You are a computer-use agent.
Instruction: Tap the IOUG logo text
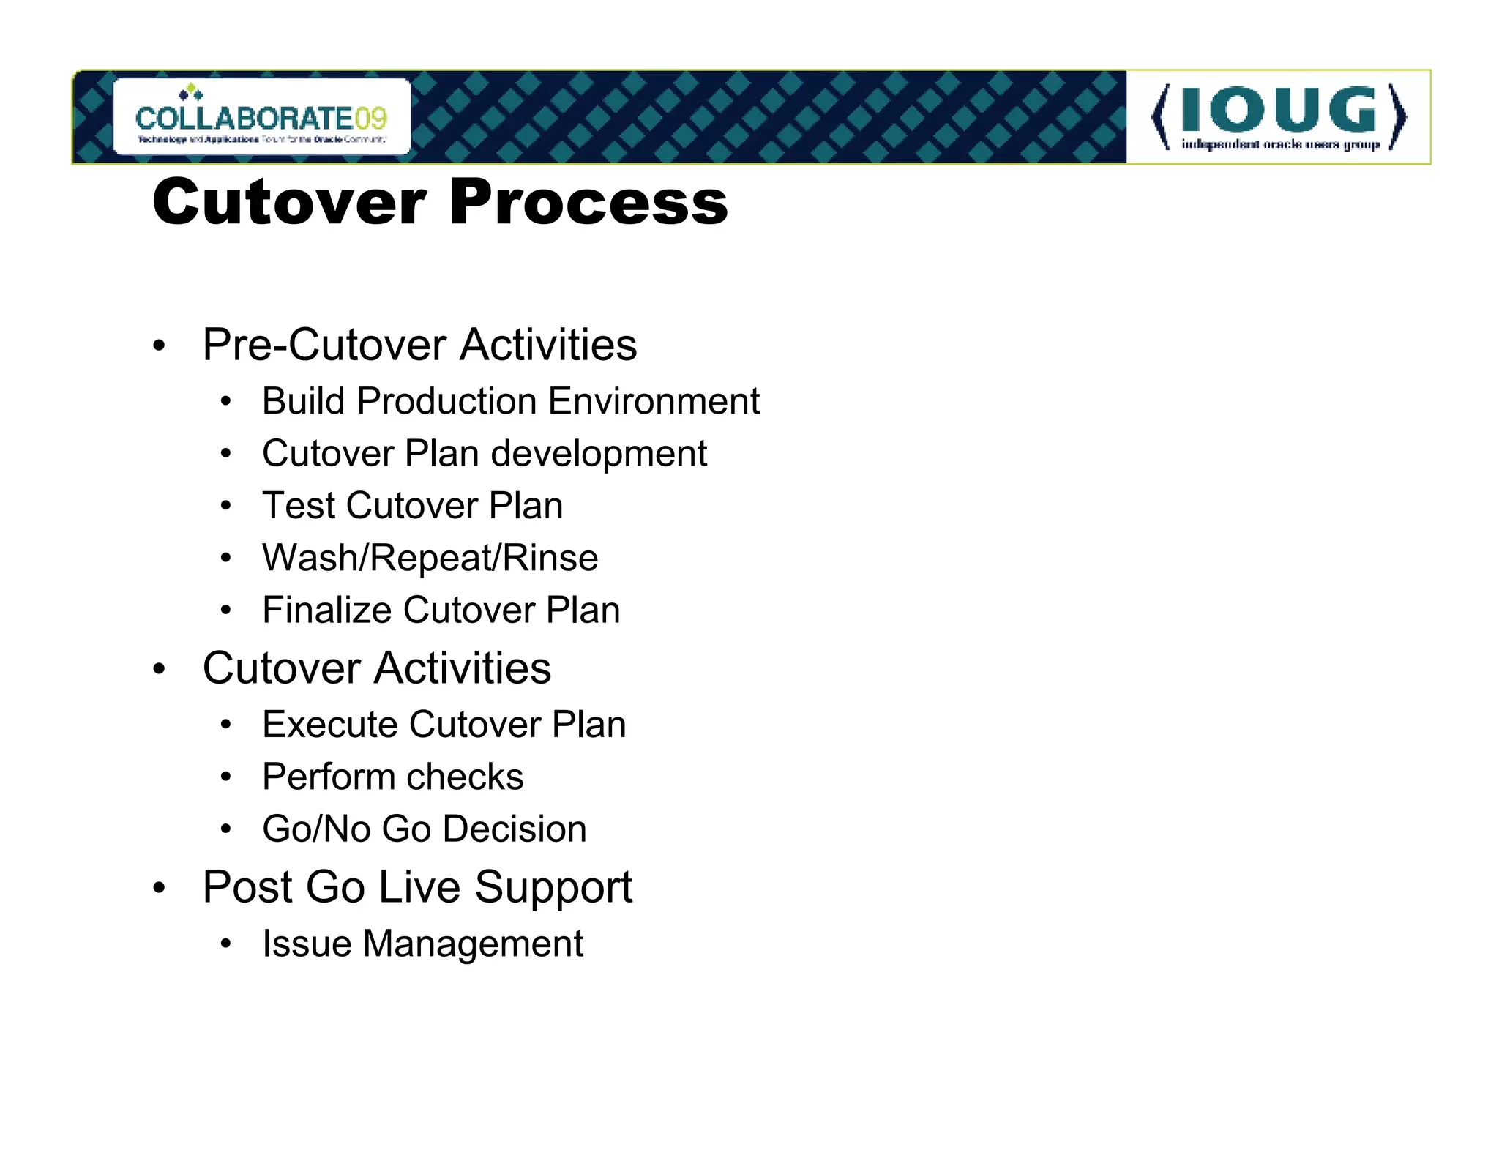tap(1278, 110)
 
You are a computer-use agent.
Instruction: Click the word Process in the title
tap(588, 202)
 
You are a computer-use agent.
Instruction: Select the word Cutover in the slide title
tap(289, 202)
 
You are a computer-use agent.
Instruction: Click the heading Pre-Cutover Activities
tap(419, 345)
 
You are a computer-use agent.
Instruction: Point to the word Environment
tap(654, 401)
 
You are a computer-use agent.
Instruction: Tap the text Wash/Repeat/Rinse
tap(430, 558)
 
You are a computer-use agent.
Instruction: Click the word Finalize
tap(326, 610)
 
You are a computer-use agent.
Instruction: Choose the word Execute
tap(329, 725)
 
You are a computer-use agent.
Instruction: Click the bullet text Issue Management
tap(422, 944)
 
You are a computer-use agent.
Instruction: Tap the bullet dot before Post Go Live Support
tap(160, 889)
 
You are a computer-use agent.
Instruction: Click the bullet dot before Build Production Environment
tap(226, 402)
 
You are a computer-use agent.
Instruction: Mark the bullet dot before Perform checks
tap(226, 777)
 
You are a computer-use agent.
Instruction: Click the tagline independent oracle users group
tap(1279, 144)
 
